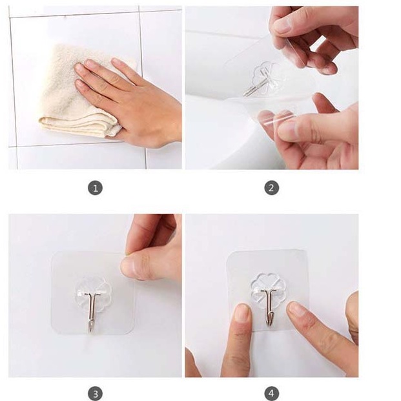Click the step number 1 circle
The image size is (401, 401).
(x=95, y=188)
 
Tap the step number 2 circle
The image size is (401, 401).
(x=271, y=188)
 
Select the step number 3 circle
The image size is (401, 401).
(x=95, y=394)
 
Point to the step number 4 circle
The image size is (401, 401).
(x=271, y=394)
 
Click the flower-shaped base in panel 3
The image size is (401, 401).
(x=91, y=294)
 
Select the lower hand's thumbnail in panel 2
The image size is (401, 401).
(x=289, y=129)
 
